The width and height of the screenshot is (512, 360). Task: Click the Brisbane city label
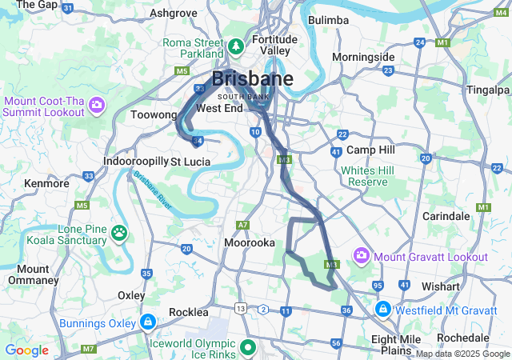click(252, 79)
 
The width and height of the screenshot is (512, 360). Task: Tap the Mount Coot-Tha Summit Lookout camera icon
click(97, 104)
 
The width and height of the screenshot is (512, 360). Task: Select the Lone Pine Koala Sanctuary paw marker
click(119, 233)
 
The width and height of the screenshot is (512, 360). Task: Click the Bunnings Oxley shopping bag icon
click(147, 322)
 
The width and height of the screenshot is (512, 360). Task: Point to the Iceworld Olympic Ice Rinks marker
click(248, 347)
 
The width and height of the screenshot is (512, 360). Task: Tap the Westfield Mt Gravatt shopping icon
click(383, 308)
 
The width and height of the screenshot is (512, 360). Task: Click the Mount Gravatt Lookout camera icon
click(362, 256)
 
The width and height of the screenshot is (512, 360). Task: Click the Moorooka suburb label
click(250, 242)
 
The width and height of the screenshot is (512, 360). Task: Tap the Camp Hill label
click(371, 150)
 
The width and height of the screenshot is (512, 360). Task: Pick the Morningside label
click(363, 57)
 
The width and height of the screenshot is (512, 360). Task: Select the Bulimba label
click(328, 19)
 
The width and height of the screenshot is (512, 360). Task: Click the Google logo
click(26, 350)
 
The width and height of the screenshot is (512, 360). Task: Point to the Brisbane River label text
click(152, 190)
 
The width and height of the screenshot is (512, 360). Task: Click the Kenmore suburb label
click(46, 183)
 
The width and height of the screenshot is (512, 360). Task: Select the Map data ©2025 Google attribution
click(462, 354)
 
